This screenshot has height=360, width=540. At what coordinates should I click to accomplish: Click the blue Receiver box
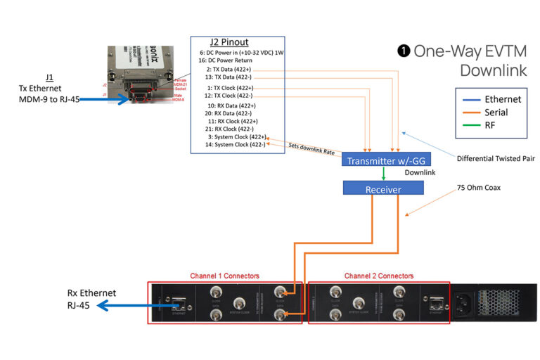tap(383, 188)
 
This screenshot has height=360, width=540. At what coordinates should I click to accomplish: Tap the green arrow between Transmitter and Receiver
tap(383, 174)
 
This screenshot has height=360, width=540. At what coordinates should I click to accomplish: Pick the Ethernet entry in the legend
tap(502, 99)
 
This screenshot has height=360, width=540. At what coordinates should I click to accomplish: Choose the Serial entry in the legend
tap(497, 112)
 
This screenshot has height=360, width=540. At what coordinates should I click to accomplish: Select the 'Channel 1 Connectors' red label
tap(224, 276)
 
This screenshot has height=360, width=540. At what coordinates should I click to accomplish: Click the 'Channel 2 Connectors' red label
tap(378, 276)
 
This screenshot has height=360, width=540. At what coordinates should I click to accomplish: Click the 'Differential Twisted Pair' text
tap(496, 158)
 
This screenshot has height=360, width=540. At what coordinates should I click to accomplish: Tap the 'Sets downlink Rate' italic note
tap(311, 149)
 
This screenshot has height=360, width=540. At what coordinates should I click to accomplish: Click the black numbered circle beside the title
tap(404, 51)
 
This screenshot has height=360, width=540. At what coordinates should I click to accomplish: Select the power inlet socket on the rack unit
tap(466, 303)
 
